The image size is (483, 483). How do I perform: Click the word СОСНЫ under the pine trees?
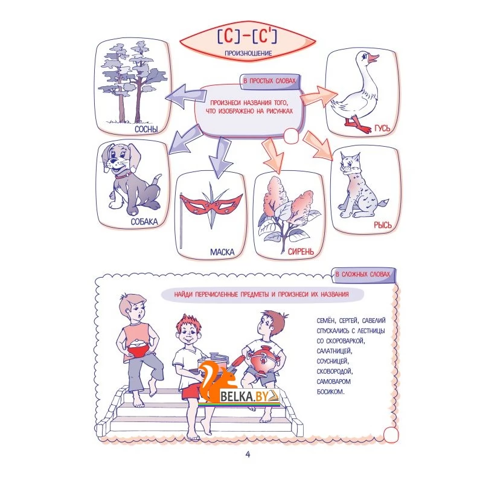click(146, 129)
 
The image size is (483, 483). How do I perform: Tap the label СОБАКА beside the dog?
click(144, 222)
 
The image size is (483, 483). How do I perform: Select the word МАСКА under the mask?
click(222, 252)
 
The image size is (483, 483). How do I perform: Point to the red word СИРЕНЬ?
click(301, 252)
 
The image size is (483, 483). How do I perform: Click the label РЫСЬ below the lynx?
click(383, 225)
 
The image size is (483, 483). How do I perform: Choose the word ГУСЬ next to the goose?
click(382, 129)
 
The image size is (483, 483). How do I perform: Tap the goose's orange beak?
click(374, 59)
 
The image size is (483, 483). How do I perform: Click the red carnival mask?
click(211, 204)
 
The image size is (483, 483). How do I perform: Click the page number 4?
click(248, 455)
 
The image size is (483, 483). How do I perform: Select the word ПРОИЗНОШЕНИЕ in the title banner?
click(248, 53)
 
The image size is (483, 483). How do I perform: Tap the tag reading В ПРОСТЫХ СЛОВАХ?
click(269, 82)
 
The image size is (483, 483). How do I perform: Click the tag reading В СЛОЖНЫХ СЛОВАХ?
click(363, 275)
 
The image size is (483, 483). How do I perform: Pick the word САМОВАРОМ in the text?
click(334, 382)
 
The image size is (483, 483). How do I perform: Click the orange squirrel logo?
click(217, 380)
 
